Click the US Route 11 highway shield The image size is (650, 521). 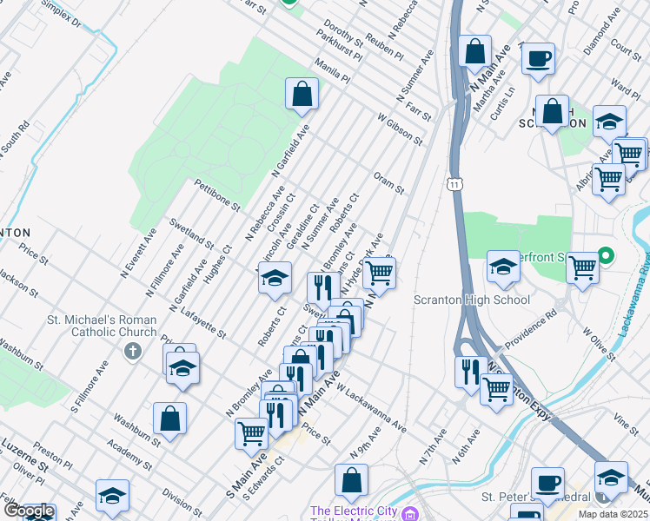(454, 184)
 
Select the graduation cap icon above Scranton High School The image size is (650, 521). (503, 268)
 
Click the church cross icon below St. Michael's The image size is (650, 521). (132, 352)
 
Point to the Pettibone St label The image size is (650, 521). (216, 195)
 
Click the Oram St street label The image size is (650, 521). (388, 182)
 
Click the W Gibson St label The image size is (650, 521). (399, 129)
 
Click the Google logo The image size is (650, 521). (29, 511)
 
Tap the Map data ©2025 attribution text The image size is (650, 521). (613, 513)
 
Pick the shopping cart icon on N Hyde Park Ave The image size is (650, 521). (379, 273)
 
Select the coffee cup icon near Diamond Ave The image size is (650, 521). (538, 58)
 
